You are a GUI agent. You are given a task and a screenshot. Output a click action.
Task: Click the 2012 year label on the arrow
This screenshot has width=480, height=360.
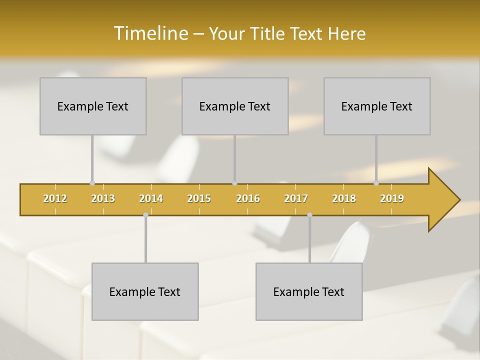55,198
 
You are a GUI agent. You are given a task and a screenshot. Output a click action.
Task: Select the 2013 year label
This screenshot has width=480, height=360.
103,198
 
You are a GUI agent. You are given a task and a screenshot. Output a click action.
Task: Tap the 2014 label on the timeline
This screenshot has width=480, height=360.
151,198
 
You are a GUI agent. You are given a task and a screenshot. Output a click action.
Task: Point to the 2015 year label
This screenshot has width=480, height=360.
199,198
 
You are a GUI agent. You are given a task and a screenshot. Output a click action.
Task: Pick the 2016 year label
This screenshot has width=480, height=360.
248,198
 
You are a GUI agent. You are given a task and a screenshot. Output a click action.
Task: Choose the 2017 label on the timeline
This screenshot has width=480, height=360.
296,198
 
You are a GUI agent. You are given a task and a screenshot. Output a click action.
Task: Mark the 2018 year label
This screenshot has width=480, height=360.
344,198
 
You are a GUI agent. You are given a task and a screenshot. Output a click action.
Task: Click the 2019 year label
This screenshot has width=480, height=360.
392,198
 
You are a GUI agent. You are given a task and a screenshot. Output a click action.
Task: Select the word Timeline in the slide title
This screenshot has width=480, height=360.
150,33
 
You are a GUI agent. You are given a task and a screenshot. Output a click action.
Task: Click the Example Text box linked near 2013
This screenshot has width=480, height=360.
93,106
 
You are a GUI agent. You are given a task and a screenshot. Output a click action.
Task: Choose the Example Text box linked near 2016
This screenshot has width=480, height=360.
235,106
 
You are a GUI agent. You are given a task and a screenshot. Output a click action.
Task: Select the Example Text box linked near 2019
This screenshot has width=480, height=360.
377,106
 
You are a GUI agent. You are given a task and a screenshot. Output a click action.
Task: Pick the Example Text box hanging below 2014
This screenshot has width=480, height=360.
145,291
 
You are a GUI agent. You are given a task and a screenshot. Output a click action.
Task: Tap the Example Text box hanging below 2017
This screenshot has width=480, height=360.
309,291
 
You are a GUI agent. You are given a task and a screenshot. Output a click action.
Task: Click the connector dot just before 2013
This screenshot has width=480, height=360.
92,183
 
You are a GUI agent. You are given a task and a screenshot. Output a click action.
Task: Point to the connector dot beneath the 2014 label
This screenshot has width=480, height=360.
145,215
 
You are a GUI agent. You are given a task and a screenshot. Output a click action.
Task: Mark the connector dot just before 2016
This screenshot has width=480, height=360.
234,183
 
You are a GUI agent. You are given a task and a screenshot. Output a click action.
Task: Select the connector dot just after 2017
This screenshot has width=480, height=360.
309,215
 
